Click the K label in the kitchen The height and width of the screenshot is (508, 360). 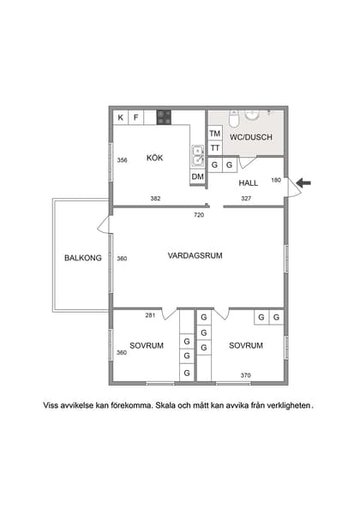click(x=121, y=117)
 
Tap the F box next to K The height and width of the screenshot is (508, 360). click(x=135, y=117)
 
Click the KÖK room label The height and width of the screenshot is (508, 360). click(x=154, y=158)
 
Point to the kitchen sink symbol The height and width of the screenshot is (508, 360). click(x=197, y=155)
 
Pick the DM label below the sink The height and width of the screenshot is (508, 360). click(x=197, y=176)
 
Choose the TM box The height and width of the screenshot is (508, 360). click(x=214, y=134)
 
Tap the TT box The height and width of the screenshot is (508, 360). click(x=214, y=148)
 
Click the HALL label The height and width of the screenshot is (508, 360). click(x=248, y=182)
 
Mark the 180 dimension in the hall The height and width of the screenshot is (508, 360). click(x=276, y=180)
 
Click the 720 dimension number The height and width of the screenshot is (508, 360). click(x=199, y=214)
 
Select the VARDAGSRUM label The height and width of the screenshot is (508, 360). click(x=195, y=255)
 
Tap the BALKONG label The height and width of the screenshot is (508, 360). click(x=83, y=258)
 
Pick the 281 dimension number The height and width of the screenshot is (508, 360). click(x=150, y=315)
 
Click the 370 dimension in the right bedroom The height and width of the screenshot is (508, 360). click(x=246, y=374)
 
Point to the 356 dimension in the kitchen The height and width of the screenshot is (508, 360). click(x=123, y=160)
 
